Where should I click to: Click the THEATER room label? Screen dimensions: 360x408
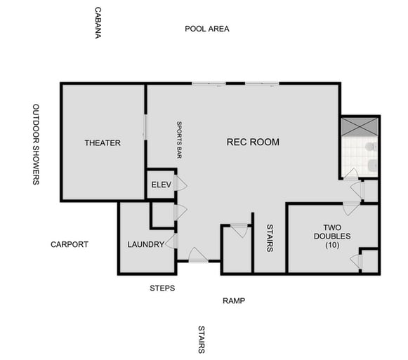(103, 143)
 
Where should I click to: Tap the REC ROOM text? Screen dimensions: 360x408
(253, 142)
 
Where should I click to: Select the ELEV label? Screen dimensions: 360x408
(162, 185)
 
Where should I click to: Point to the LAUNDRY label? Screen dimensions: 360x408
(145, 245)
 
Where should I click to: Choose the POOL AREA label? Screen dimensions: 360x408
(207, 29)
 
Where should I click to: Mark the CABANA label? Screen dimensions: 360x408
(98, 22)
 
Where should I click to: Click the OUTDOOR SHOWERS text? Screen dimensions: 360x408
(36, 145)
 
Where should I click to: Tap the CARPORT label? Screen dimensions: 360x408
(70, 245)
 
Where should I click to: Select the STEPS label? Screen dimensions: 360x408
(162, 288)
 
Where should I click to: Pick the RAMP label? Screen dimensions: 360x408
(234, 301)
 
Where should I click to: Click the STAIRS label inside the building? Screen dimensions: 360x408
(270, 238)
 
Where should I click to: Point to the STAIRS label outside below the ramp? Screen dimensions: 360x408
(202, 340)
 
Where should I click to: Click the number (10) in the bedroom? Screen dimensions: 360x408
(332, 245)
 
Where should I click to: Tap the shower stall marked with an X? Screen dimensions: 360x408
(360, 126)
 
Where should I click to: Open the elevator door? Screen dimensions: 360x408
(180, 184)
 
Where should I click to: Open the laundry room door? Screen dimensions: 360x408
(171, 242)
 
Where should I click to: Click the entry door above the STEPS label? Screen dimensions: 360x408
(197, 255)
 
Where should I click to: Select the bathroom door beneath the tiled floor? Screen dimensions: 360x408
(350, 175)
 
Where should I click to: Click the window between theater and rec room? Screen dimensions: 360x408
(145, 128)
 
